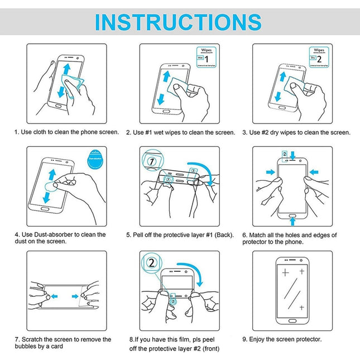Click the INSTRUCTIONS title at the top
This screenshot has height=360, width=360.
179,22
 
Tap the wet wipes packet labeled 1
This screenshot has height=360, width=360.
203,57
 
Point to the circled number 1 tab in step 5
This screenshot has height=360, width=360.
152,161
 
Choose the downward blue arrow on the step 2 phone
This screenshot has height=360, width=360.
161,98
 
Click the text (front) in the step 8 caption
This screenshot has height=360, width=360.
209,349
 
